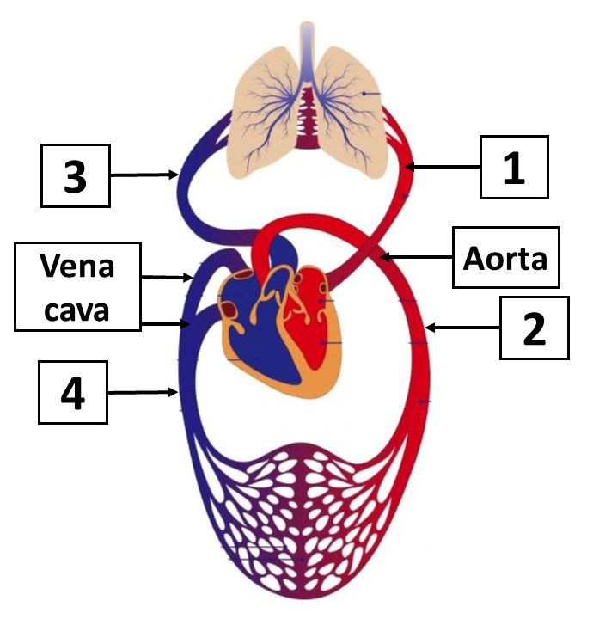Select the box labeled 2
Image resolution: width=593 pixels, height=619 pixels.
(535, 328)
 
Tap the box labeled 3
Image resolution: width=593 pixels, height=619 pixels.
(76, 175)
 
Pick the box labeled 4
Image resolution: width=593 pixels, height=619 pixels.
(73, 393)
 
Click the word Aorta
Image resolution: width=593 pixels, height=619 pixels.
(505, 256)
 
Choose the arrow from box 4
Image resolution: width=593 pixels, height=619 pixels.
(142, 393)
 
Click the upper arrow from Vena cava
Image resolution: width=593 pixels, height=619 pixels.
(167, 278)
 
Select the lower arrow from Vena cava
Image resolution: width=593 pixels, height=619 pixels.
(165, 324)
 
